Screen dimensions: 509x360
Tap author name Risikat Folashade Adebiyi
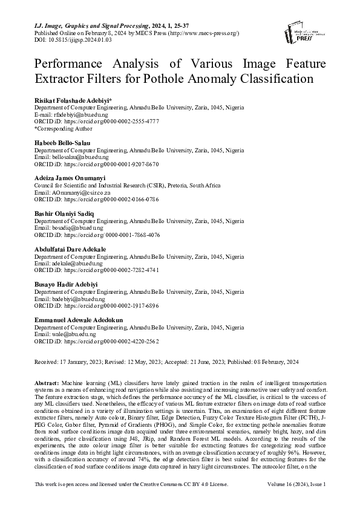[73, 100]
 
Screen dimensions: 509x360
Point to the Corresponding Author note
[64, 128]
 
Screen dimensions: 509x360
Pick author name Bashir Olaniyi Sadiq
[64, 213]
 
